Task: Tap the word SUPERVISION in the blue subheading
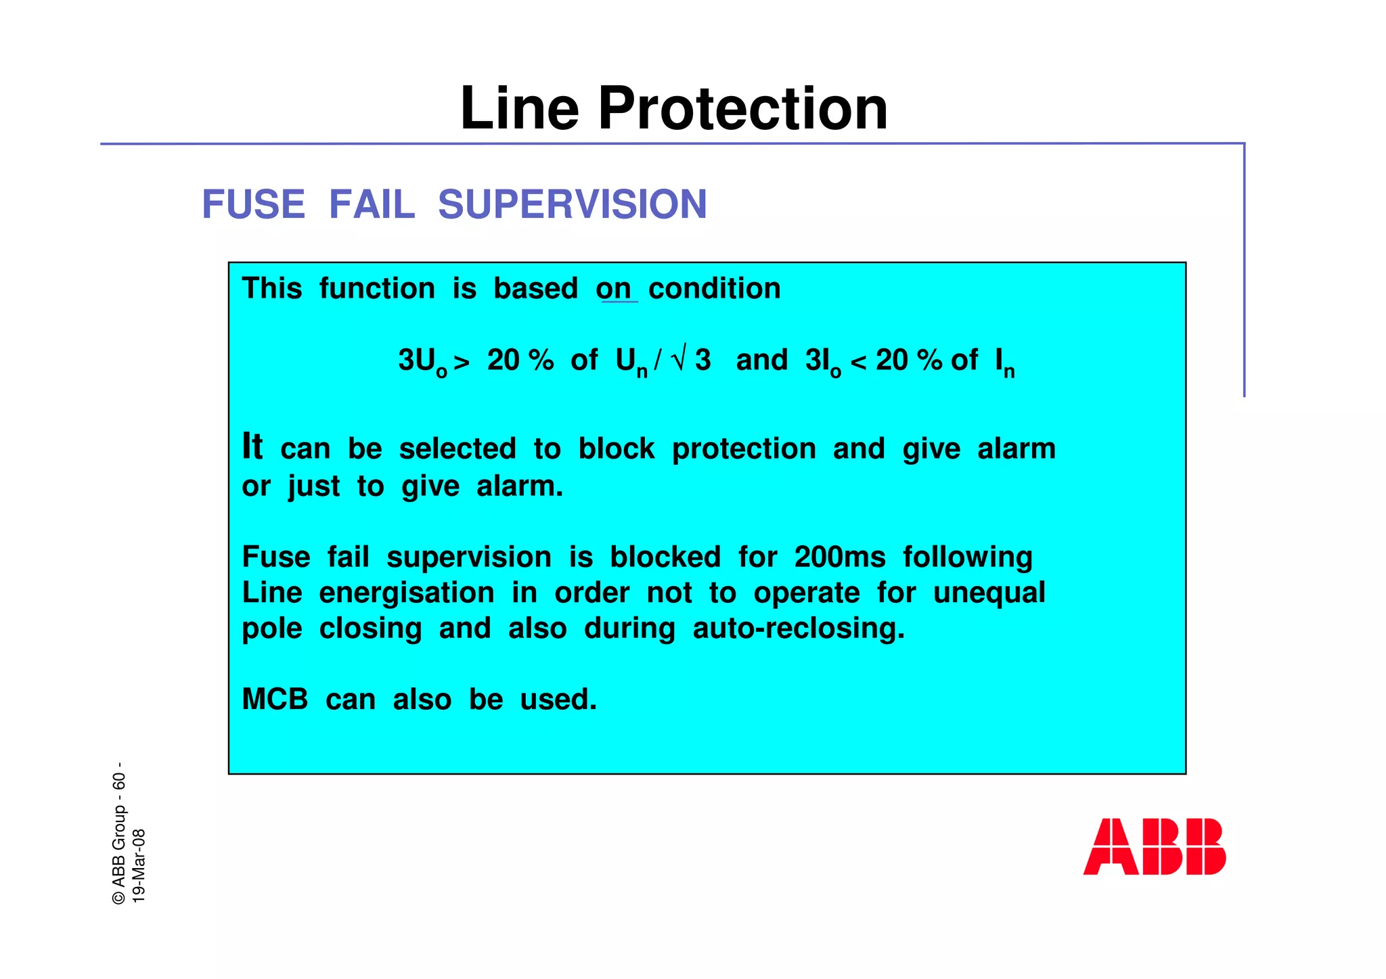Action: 572,204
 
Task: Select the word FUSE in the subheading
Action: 254,204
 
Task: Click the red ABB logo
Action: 1154,846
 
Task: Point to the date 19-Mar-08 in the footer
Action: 139,865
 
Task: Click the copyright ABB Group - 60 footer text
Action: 119,834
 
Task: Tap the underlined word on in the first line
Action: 614,290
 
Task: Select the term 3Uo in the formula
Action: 422,362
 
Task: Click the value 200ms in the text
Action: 839,557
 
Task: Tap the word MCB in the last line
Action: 275,700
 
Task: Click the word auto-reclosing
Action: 799,629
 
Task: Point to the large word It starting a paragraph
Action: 252,447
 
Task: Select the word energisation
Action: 406,593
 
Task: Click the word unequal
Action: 989,593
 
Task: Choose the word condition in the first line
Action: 714,290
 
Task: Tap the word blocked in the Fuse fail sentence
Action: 665,557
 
